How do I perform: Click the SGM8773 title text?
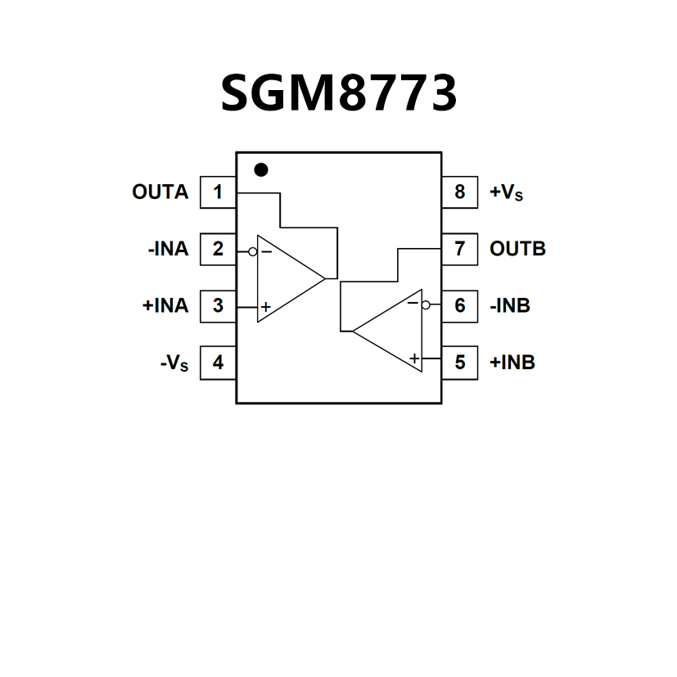pos(338,93)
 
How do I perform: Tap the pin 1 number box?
pos(218,192)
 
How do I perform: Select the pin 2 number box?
pos(218,249)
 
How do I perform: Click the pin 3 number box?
pos(218,305)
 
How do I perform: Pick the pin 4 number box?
pos(218,362)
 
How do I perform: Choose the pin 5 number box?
pos(459,362)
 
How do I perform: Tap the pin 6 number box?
pos(459,305)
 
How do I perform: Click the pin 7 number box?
pos(459,249)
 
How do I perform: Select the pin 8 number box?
pos(459,192)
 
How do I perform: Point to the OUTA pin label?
pos(160,192)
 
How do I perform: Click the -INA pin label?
pos(168,249)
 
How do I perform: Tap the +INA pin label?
pos(165,305)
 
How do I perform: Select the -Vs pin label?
pos(174,363)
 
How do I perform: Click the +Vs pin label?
pos(506,193)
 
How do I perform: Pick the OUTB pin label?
pos(517,249)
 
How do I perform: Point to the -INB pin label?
pos(510,305)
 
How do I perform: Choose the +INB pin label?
pos(512,362)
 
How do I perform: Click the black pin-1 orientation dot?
pos(261,169)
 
